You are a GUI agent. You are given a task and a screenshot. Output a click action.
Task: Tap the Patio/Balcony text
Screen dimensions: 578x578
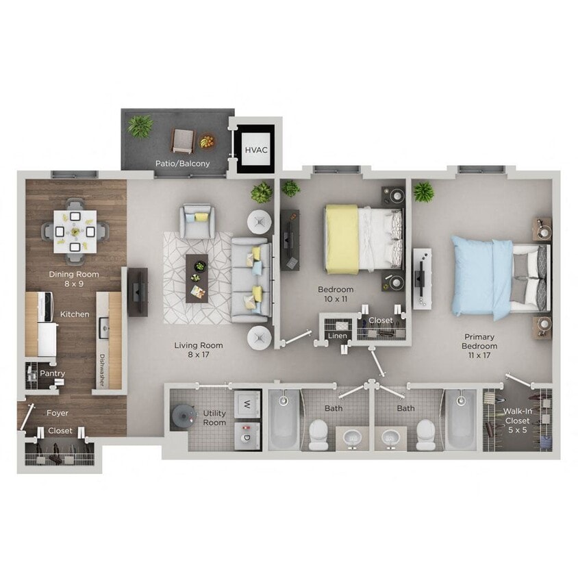click(x=182, y=164)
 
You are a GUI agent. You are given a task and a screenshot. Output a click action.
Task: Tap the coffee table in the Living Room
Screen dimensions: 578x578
click(x=197, y=277)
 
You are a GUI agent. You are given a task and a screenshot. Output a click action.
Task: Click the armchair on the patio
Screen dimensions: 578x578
click(x=182, y=140)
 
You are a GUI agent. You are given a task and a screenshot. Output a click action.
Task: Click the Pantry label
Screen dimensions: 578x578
click(x=52, y=374)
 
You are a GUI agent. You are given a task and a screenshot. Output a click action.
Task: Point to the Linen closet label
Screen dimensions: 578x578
click(x=337, y=336)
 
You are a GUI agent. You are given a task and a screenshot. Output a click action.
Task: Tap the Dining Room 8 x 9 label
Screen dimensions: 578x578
click(x=74, y=279)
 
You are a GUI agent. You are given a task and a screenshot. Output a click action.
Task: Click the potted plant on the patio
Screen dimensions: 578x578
click(x=140, y=126)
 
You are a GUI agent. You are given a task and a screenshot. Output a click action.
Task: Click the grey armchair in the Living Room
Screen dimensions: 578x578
click(x=197, y=221)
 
